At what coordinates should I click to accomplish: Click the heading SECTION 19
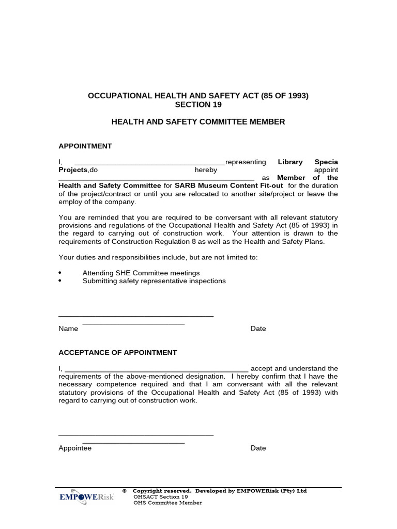[x=198, y=104]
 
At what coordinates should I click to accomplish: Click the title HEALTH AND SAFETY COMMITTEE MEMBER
[x=198, y=122]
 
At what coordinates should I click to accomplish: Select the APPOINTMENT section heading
[x=85, y=146]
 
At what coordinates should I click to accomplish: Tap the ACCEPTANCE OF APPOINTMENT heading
[x=117, y=352]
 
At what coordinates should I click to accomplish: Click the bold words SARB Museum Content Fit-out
[x=229, y=186]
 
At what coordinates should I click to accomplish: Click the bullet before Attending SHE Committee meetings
[x=60, y=273]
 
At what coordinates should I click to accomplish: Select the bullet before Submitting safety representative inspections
[x=60, y=281]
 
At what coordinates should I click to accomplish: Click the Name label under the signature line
[x=68, y=329]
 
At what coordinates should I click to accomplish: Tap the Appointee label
[x=75, y=448]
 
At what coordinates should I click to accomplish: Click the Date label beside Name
[x=258, y=329]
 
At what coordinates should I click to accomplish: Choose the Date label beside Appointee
[x=258, y=448]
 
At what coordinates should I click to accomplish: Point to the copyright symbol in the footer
[x=125, y=491]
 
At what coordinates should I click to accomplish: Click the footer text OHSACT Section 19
[x=161, y=497]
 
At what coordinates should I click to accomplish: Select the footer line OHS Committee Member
[x=167, y=503]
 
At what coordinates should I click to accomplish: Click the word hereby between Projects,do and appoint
[x=206, y=170]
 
